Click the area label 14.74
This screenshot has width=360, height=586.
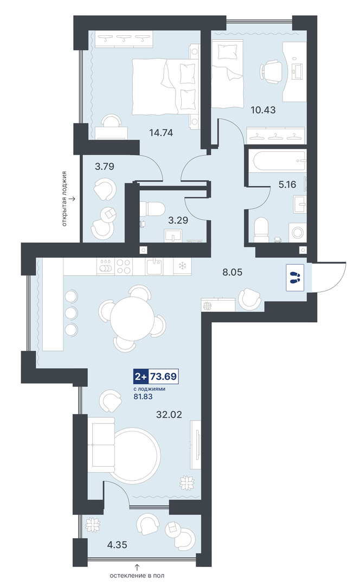(161, 132)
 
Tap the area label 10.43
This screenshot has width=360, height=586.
(263, 110)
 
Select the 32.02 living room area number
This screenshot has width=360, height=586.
(169, 414)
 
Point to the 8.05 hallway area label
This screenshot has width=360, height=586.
(232, 272)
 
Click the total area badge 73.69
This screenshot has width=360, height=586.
(163, 377)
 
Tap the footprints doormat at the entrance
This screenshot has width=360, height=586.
(295, 277)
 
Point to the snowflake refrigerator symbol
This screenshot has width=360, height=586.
(183, 266)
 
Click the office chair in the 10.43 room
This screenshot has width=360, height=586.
(271, 72)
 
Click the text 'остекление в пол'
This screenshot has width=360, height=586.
(137, 576)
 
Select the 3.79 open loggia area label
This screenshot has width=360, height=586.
(105, 167)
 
